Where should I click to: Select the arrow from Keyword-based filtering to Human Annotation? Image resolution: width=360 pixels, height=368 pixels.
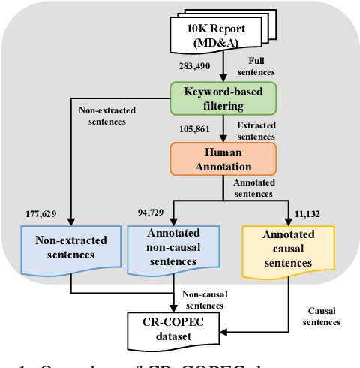[x=223, y=128]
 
